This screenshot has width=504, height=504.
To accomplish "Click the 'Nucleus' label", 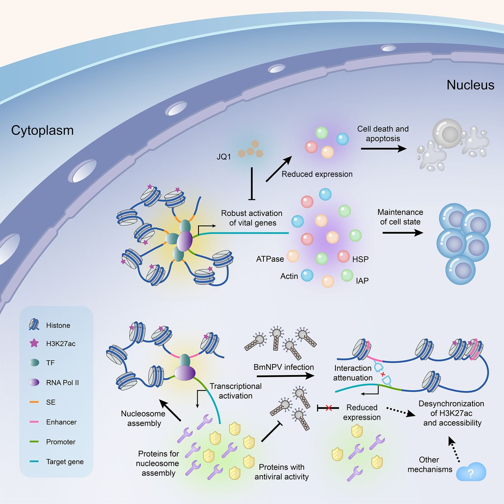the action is point(470,85).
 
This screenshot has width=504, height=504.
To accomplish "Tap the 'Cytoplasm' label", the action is point(43,130).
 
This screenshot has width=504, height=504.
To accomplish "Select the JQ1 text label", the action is point(224,157).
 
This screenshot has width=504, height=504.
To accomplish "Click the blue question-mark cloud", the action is point(471,472).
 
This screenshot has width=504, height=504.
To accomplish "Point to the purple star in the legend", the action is point(34,343).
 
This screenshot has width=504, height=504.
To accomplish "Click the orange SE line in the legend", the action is point(34,402).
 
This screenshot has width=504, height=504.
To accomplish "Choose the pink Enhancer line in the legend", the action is point(34,422).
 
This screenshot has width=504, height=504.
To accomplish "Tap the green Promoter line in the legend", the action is point(34,442).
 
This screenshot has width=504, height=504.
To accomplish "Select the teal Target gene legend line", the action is point(34,461).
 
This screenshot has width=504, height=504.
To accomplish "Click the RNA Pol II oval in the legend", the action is point(34,382).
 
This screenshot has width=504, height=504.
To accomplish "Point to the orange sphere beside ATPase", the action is point(293,256).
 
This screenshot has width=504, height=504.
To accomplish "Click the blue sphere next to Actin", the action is point(307,275).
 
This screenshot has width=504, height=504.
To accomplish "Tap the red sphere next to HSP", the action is point(343,256).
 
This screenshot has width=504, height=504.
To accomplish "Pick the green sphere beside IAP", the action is point(347,275).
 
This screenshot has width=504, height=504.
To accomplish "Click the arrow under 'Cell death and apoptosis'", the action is point(384,149).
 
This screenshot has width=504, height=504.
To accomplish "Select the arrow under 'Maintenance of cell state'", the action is point(403,232).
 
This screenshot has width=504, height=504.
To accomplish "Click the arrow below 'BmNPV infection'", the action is point(285,376).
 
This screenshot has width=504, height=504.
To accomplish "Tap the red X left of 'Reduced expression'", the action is point(329,408).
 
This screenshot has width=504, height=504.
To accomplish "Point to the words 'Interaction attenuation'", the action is point(353,373).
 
